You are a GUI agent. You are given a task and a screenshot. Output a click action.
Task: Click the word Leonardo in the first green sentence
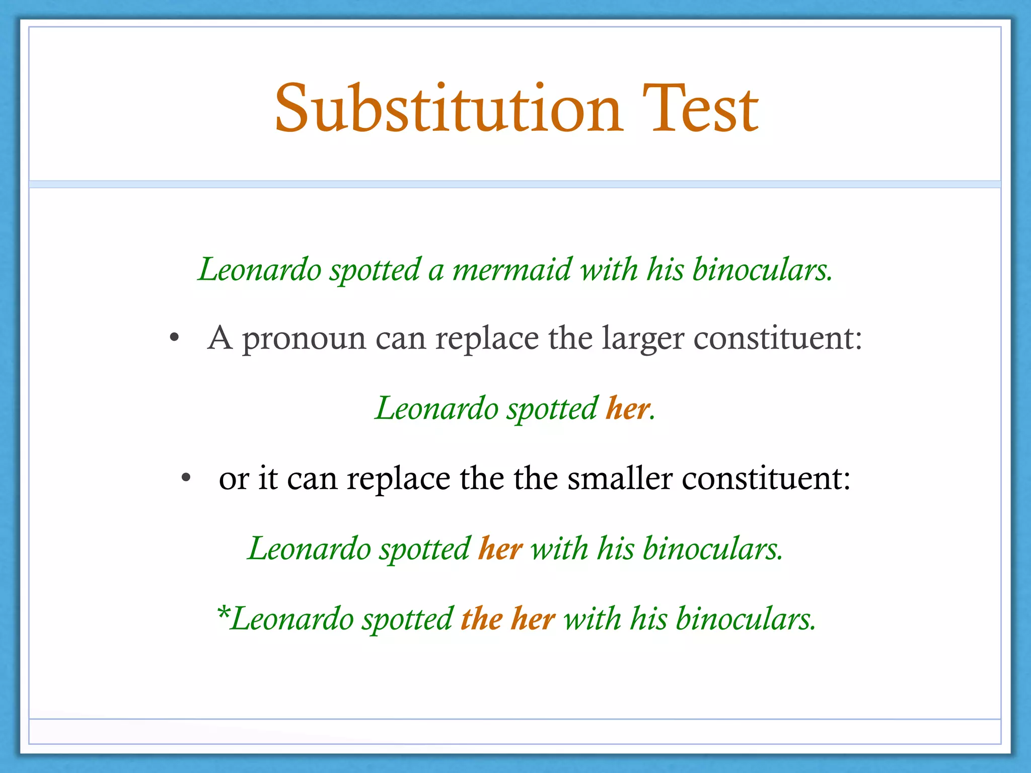coord(260,270)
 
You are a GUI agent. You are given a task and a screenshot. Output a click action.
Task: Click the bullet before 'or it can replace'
coord(186,478)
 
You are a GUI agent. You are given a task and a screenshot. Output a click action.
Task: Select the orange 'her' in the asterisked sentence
coord(533,619)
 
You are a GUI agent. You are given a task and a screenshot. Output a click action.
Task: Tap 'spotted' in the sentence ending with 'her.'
coord(552,408)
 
